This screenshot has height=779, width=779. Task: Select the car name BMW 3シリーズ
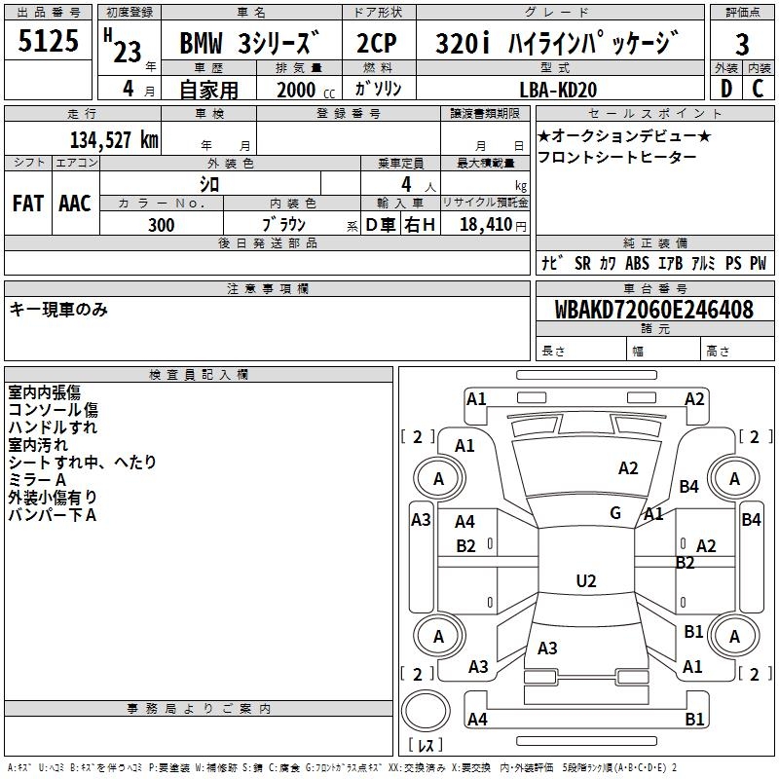pos(249,46)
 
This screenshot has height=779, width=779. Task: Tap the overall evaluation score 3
pos(742,45)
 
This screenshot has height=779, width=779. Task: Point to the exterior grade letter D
pos(725,89)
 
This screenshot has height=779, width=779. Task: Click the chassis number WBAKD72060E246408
pos(653,310)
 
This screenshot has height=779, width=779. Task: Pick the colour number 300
pos(162,225)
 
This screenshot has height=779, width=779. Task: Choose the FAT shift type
pos(27,204)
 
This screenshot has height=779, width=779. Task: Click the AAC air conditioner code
pos(74,204)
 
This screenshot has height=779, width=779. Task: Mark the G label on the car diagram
pos(615,513)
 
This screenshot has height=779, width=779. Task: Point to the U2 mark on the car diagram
pos(585,581)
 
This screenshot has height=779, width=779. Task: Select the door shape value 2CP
pos(377,46)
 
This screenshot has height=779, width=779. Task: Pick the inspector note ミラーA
pos(37,480)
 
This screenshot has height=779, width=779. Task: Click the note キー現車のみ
pos(58,310)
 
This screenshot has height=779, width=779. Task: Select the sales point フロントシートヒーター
pos(617,157)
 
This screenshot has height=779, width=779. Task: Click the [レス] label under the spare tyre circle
pos(426,746)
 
